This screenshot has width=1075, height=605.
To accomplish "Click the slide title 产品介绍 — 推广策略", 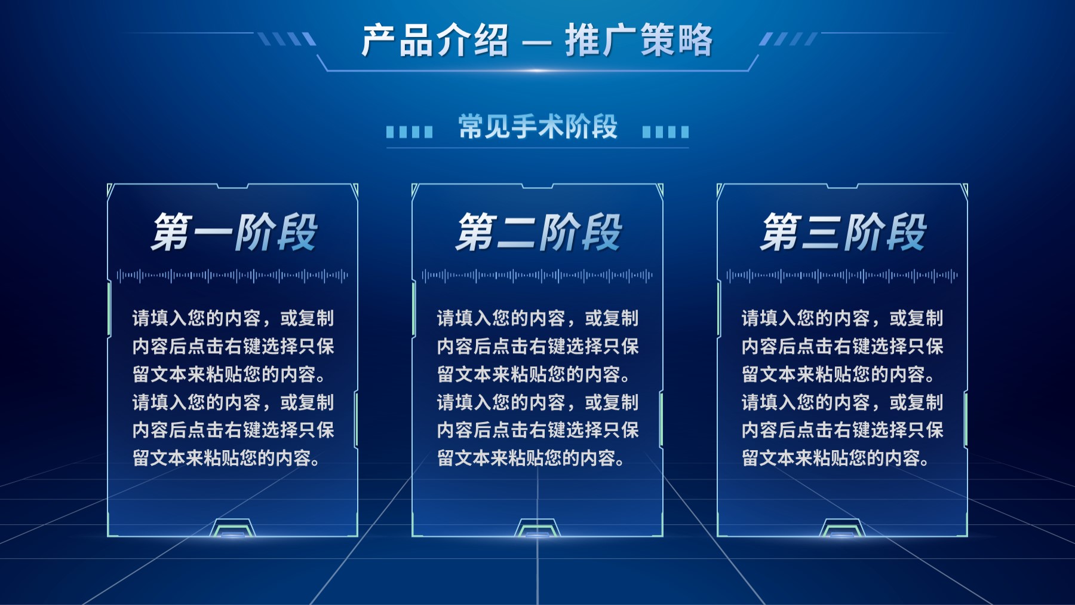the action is (x=537, y=41).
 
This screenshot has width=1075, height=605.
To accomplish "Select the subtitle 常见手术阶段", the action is (x=538, y=127).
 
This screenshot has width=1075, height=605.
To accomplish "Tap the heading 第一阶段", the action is (x=234, y=232).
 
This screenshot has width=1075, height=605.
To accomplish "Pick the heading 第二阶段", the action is (x=538, y=232).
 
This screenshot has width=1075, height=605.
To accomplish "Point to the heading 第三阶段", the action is (x=843, y=232).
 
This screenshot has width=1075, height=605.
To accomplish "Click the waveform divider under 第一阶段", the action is (x=233, y=276).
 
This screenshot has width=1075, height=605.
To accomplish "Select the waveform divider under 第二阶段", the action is (x=537, y=276).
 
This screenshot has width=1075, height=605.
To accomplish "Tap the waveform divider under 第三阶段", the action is (x=842, y=276).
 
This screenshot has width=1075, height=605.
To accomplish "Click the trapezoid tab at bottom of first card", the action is (x=232, y=528).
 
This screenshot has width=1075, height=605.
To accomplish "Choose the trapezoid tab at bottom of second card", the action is (x=537, y=528).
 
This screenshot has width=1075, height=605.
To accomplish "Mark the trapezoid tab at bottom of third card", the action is (x=842, y=528).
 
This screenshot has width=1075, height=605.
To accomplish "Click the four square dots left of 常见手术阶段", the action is (x=410, y=132).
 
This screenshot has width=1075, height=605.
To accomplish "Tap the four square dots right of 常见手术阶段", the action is (x=665, y=132).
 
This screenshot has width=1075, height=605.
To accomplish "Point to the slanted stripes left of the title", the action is (x=287, y=39).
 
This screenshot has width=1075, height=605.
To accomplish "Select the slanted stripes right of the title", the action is (x=788, y=39).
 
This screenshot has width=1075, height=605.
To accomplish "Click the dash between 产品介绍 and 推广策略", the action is (x=537, y=43).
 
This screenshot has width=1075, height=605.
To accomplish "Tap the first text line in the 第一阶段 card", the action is (x=233, y=318).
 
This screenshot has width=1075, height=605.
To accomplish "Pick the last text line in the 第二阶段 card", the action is (x=531, y=459).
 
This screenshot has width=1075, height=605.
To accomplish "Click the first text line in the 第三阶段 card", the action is (x=842, y=318).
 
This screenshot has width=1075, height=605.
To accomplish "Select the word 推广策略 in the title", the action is (x=639, y=41).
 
